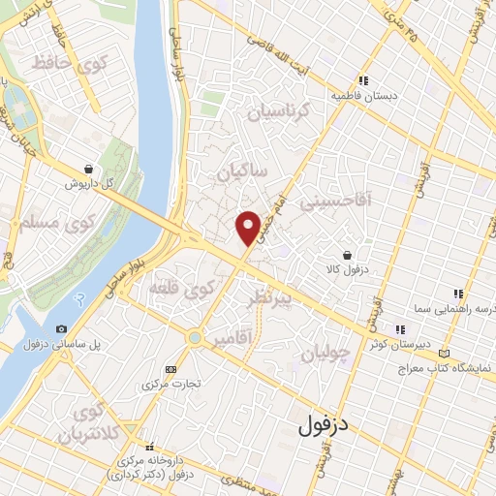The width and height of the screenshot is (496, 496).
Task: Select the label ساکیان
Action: (x=241, y=174)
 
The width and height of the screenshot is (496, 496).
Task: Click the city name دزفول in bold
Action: (x=323, y=423)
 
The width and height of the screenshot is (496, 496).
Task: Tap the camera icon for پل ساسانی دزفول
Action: (x=62, y=329)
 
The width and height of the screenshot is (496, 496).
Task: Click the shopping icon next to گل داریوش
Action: (x=88, y=168)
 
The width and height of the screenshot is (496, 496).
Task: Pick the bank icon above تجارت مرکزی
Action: (x=171, y=369)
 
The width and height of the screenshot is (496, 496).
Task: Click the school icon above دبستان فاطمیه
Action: (x=362, y=81)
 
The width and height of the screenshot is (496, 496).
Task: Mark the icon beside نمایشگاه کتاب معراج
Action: (x=445, y=354)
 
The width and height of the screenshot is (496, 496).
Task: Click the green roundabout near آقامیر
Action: (x=196, y=338)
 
